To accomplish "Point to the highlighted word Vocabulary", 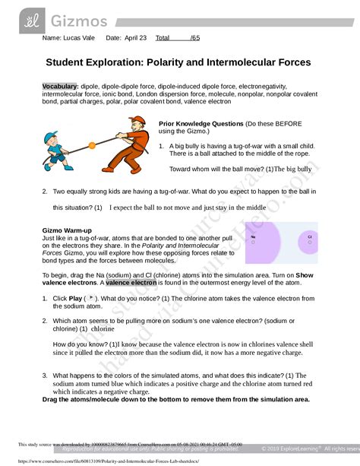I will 60,87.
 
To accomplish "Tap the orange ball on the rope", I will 92,144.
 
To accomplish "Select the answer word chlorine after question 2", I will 103,329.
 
